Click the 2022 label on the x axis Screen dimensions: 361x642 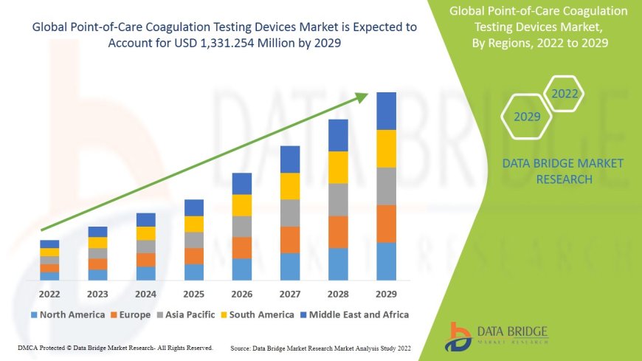tap(49, 294)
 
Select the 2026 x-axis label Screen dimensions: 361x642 tap(241, 294)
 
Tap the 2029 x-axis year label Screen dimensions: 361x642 tap(386, 294)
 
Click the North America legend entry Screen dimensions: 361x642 tap(67, 314)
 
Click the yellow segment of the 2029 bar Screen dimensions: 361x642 tap(386, 148)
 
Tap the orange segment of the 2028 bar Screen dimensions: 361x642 tap(338, 232)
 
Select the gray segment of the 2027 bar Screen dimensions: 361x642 tap(290, 213)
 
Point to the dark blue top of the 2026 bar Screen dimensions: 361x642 tap(241, 184)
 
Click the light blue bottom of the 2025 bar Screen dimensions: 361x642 tap(193, 272)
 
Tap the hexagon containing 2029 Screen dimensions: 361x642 tap(527, 117)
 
